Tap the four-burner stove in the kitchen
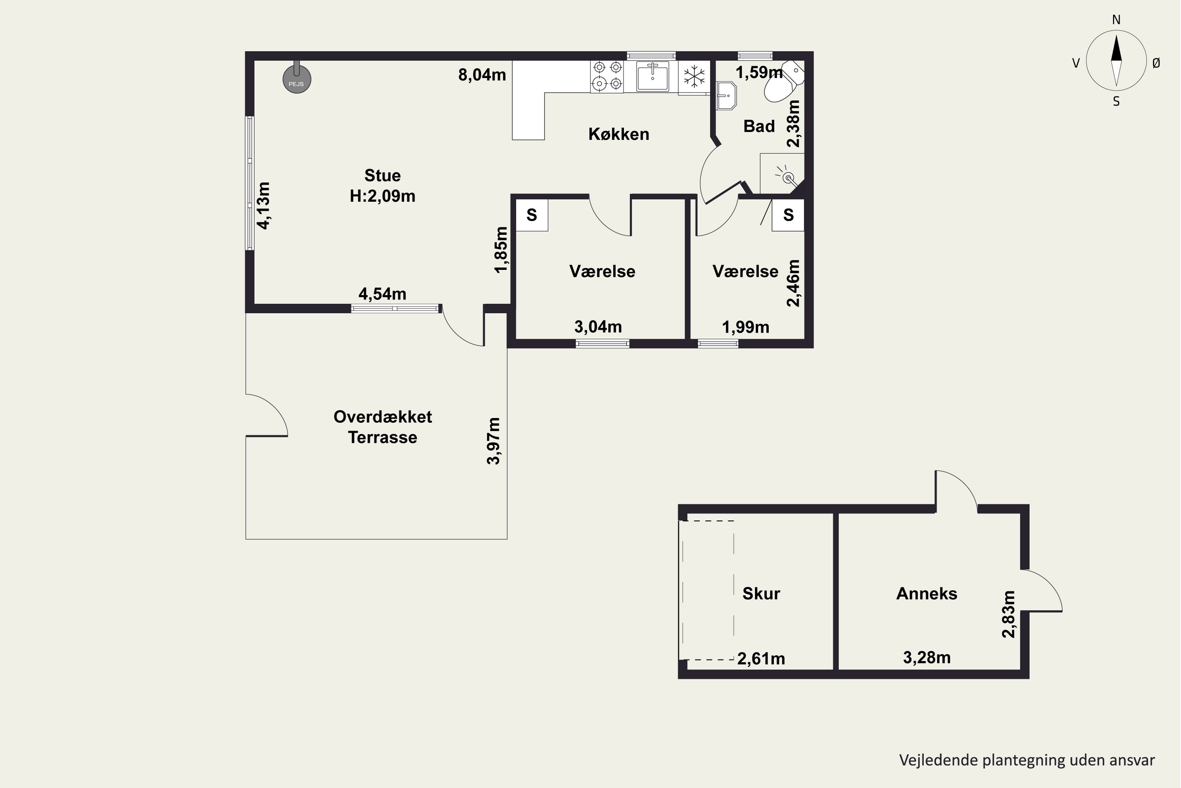tap(607, 76)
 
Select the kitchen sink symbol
tap(652, 76)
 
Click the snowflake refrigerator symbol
tap(694, 76)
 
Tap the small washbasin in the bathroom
tap(726, 95)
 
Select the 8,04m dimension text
tap(482, 75)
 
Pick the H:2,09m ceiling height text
tap(383, 196)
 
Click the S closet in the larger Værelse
tap(532, 215)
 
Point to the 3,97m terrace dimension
tap(494, 441)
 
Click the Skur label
tap(761, 593)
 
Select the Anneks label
tap(927, 593)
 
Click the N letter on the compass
tap(1116, 20)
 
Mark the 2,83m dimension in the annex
tap(1008, 614)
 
